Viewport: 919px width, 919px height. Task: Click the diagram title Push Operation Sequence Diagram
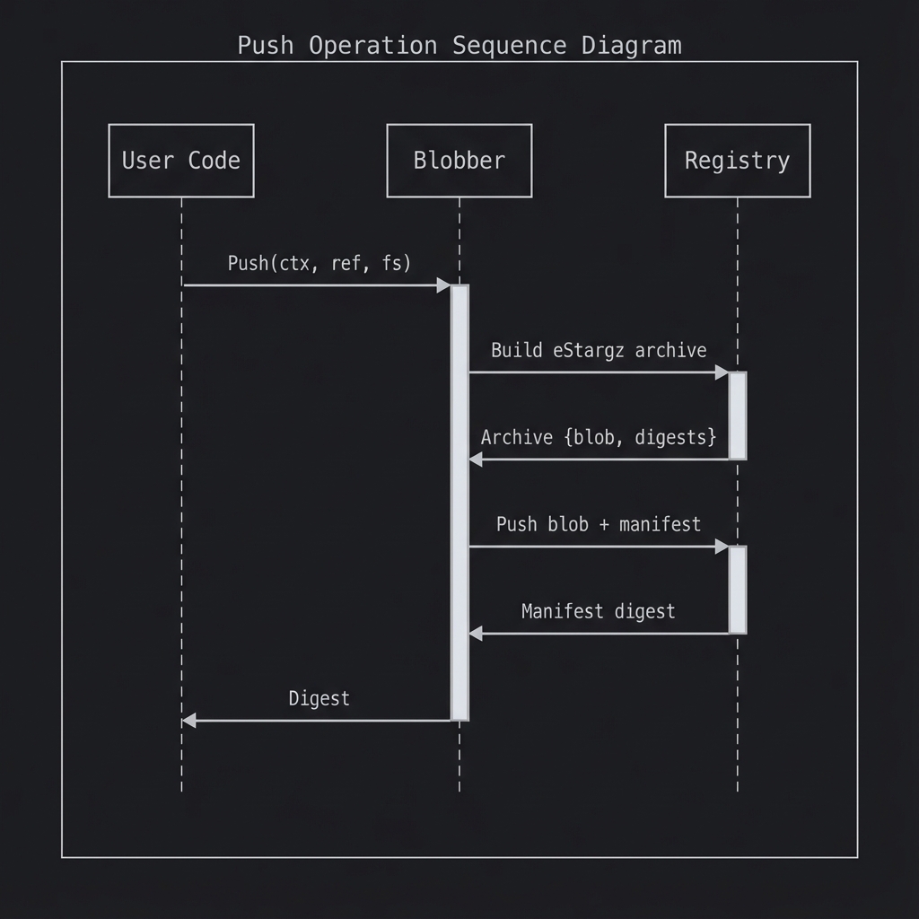click(459, 46)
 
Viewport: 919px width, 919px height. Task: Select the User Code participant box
click(181, 161)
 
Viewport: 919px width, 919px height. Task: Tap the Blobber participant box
click(459, 161)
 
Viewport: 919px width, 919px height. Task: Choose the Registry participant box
click(738, 161)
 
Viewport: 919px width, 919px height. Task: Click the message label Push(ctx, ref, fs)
click(319, 263)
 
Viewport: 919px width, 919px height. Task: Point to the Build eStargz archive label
click(599, 350)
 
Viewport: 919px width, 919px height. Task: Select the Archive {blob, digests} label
click(599, 437)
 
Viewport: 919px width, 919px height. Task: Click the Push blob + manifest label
click(599, 524)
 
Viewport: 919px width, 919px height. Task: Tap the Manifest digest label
click(599, 611)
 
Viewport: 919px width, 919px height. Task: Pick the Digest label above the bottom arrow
click(319, 698)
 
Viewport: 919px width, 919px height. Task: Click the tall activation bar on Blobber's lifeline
click(459, 503)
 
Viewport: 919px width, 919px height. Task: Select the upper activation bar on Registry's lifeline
click(738, 416)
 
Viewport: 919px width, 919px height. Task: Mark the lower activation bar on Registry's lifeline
click(738, 590)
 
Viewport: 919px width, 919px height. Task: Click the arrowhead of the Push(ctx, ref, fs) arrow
click(443, 285)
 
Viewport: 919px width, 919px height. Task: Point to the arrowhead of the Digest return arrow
click(188, 721)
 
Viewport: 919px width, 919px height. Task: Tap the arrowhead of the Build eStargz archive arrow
click(722, 372)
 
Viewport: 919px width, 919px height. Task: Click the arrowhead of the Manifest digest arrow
click(476, 634)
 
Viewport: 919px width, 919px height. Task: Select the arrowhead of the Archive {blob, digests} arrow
click(476, 459)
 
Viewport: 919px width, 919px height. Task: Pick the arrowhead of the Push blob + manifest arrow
click(722, 547)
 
